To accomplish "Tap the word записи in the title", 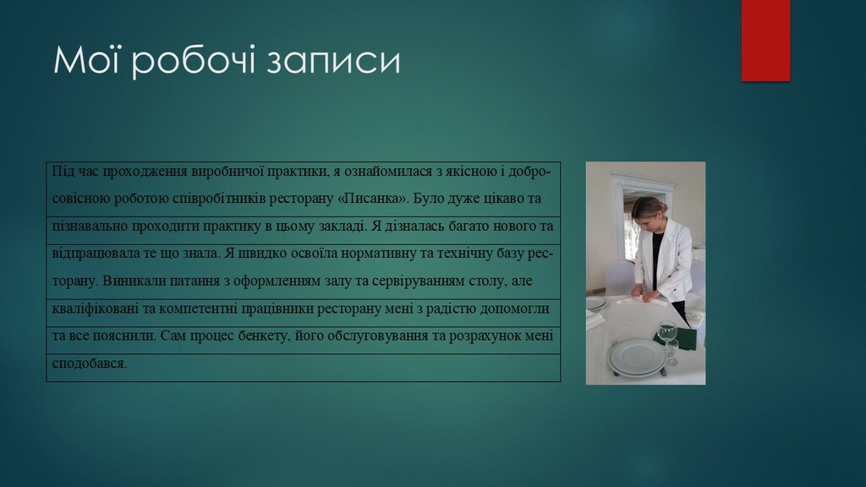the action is pos(333,61).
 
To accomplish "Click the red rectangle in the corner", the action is pos(765,41).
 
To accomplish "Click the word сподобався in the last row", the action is pos(90,364).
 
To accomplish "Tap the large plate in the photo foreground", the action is pos(638,358).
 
